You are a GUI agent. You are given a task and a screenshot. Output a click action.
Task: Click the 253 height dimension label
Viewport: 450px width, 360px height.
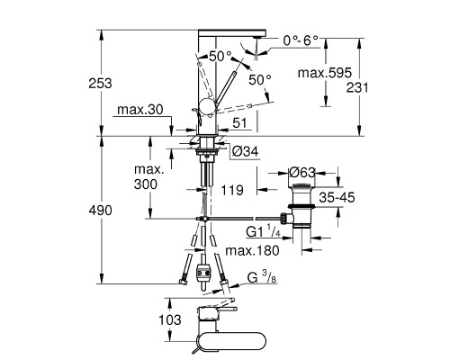click(x=100, y=83)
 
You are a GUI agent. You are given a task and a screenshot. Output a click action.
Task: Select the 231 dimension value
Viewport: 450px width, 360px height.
click(x=357, y=87)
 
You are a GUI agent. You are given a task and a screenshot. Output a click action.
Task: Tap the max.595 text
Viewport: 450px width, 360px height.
click(x=325, y=73)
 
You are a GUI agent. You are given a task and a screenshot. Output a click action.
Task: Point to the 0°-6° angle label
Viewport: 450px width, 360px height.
click(x=301, y=40)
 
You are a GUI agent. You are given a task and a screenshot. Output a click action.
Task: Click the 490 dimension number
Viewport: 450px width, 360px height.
click(x=100, y=211)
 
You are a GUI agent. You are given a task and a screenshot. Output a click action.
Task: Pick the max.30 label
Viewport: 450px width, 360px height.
click(x=140, y=110)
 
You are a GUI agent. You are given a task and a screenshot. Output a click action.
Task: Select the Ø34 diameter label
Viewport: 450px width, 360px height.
click(x=246, y=151)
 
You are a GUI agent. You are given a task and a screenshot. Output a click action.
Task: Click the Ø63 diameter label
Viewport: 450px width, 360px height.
click(x=302, y=173)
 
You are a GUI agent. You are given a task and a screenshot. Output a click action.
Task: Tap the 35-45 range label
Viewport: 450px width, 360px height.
click(x=337, y=197)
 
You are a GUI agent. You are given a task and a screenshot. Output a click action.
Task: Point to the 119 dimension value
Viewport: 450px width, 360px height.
click(x=232, y=190)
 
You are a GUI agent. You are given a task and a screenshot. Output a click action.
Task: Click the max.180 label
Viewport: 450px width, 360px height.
click(x=252, y=250)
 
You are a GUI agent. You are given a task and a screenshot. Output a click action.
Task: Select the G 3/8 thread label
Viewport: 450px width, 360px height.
click(x=262, y=277)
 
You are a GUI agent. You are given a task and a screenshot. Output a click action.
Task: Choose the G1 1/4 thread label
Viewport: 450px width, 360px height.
click(x=264, y=231)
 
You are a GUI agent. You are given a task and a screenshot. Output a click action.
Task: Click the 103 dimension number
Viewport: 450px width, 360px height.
click(x=170, y=319)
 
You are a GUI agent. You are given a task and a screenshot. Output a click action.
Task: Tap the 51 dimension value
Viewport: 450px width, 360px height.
click(x=239, y=123)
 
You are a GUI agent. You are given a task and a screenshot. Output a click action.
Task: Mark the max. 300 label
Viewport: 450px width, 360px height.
click(x=149, y=176)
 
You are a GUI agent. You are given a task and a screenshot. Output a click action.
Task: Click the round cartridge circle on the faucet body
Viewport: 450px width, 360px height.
click(x=207, y=106)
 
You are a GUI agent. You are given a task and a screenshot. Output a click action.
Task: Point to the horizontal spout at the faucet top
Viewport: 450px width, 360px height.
click(x=232, y=33)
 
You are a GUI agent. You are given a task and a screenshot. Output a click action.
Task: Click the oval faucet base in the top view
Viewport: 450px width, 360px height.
click(x=230, y=341)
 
